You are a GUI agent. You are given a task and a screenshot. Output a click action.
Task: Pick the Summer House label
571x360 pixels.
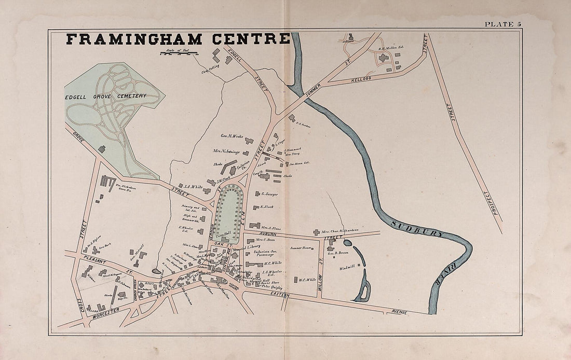[301, 248]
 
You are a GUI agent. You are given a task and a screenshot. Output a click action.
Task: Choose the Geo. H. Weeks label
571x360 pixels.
[232, 136]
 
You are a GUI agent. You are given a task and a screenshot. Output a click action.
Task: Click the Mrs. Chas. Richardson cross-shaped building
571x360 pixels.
[316, 232]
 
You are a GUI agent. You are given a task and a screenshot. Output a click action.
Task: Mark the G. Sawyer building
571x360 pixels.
[256, 195]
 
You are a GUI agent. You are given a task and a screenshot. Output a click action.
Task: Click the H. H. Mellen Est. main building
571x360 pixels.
[384, 58]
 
